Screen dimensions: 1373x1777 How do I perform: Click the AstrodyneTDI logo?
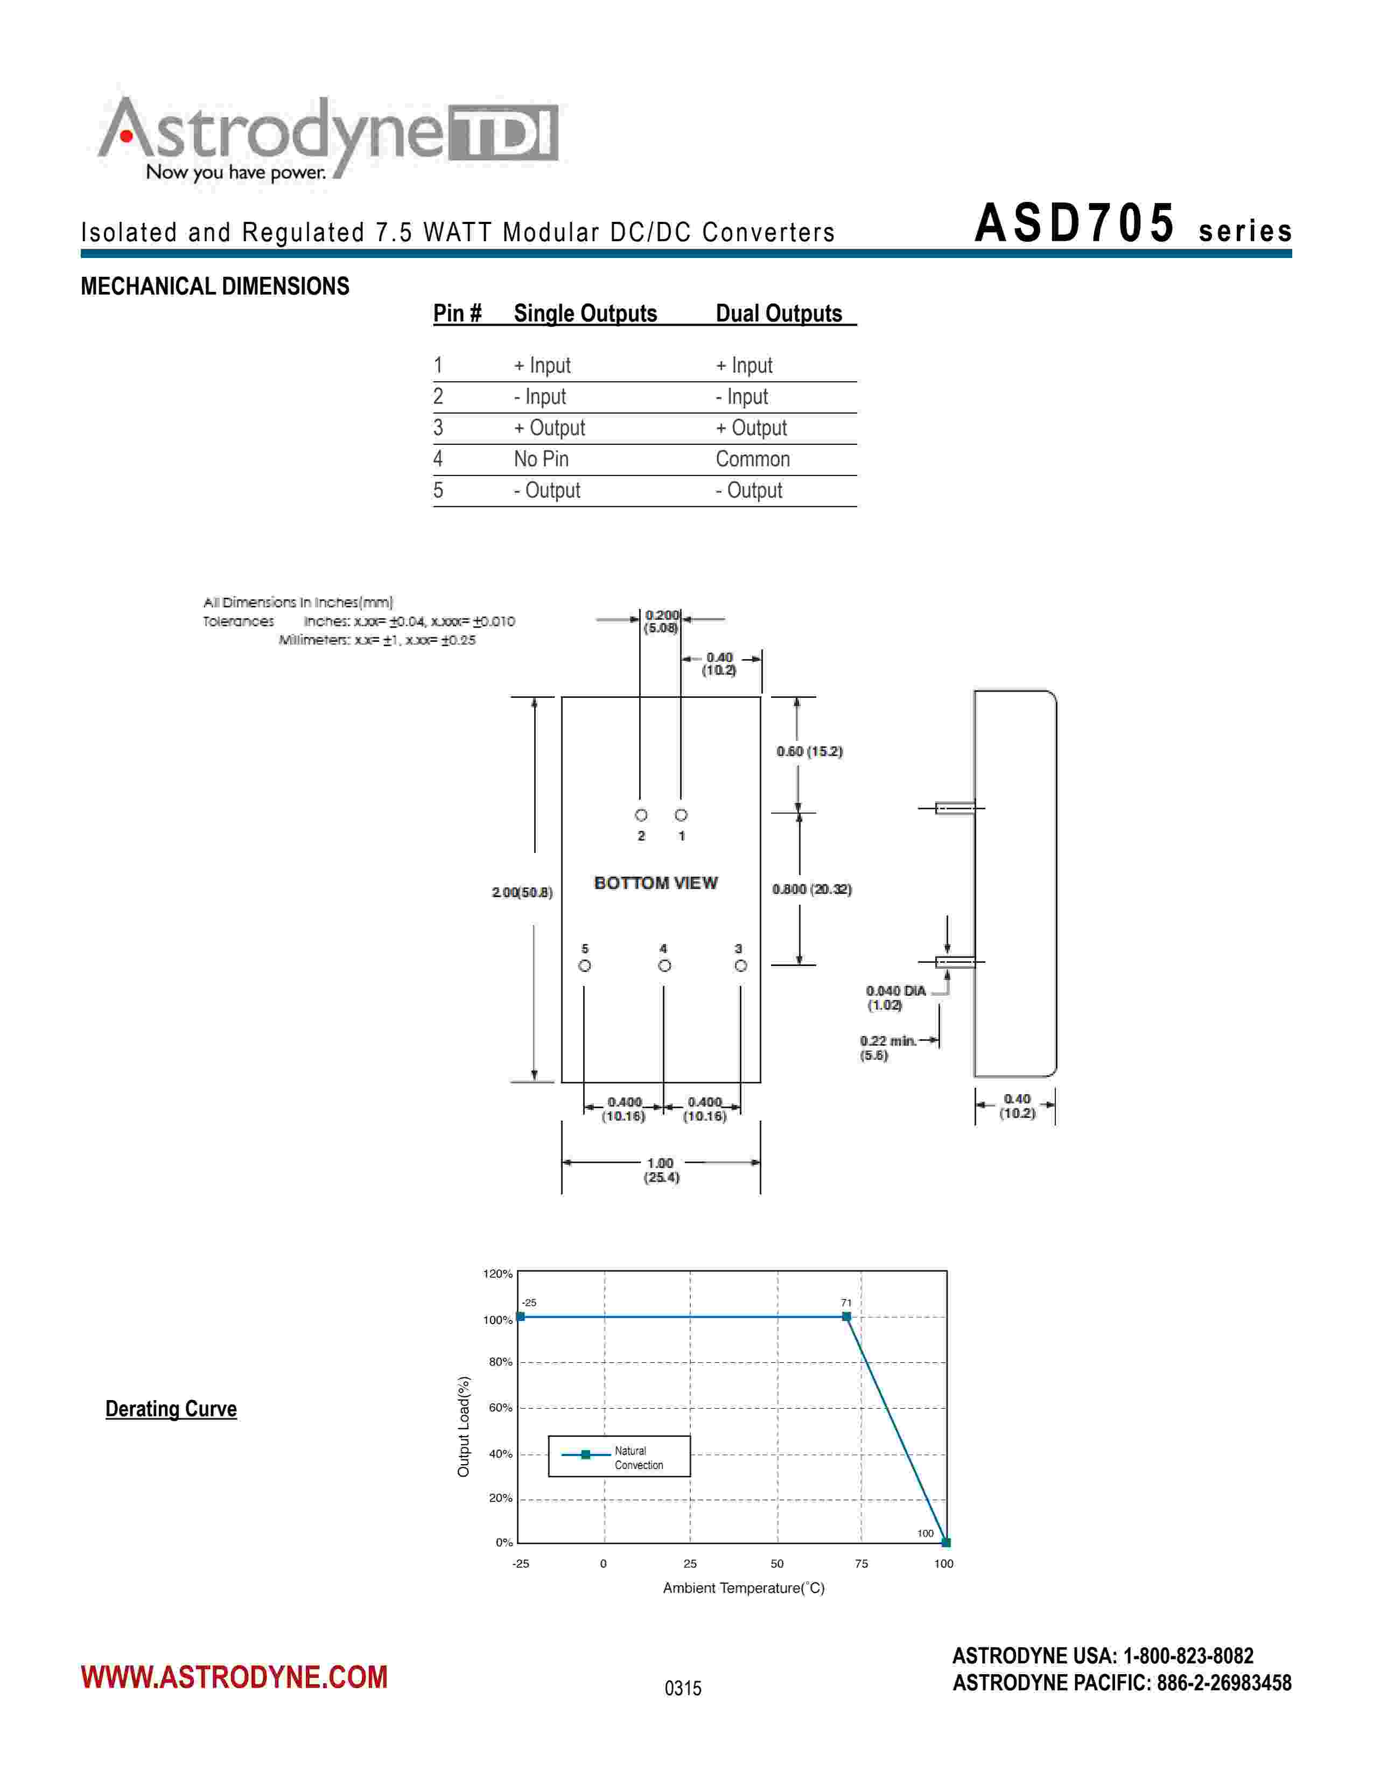click(x=328, y=138)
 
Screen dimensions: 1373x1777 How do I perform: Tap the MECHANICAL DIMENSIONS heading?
click(x=215, y=286)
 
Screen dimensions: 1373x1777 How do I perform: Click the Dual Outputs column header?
click(x=779, y=313)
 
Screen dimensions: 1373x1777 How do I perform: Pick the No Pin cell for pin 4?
click(x=541, y=459)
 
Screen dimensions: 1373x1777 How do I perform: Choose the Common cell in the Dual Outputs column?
click(x=752, y=459)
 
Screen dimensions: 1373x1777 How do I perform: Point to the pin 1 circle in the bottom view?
click(x=681, y=814)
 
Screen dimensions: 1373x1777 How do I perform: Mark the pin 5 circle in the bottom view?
click(x=584, y=966)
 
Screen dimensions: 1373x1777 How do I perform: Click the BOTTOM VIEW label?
click(x=656, y=883)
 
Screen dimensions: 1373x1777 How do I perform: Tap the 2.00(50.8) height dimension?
click(x=522, y=893)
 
